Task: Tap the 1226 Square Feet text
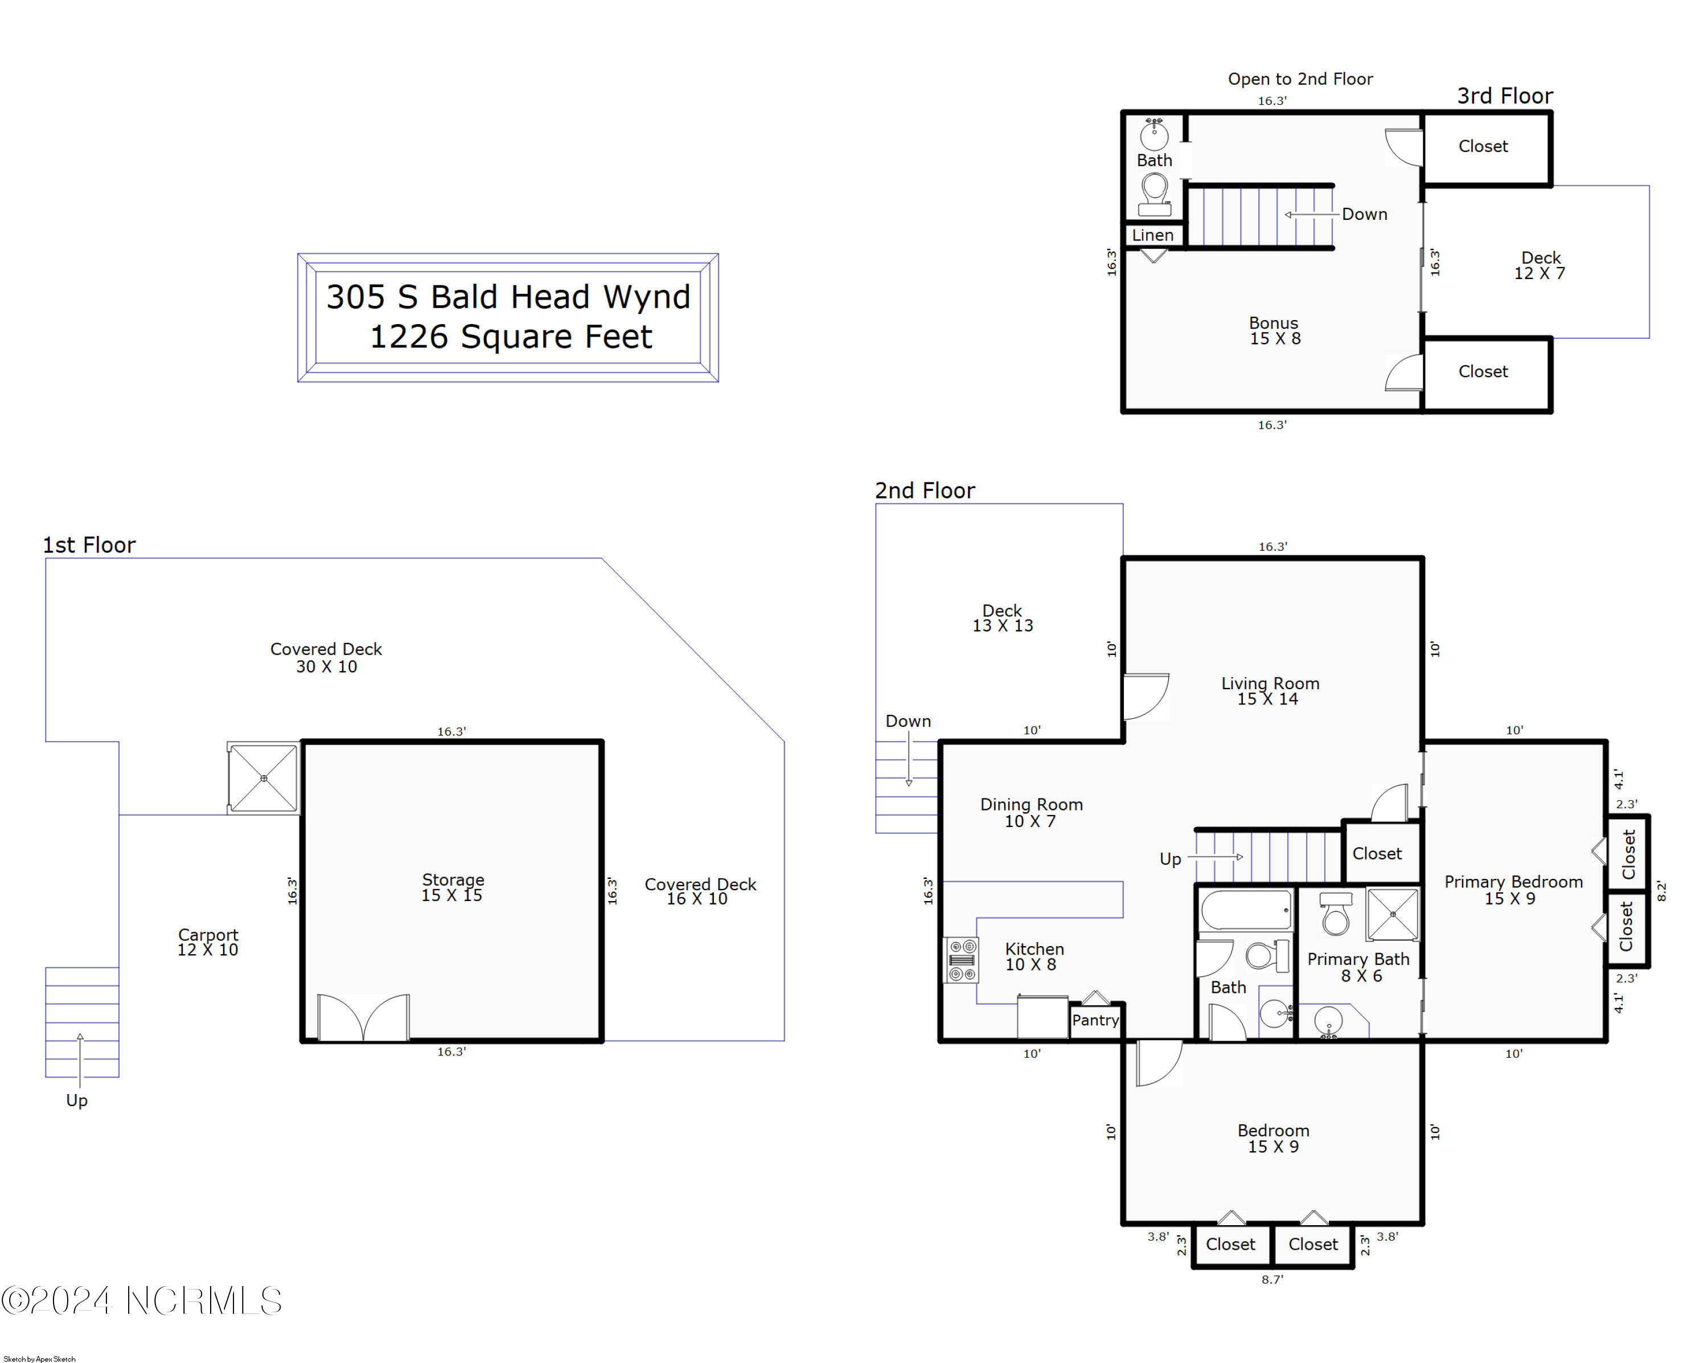tap(511, 337)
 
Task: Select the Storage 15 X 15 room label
tap(453, 887)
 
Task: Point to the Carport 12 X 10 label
tap(208, 942)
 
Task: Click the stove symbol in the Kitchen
tap(962, 960)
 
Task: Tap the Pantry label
tap(1095, 1021)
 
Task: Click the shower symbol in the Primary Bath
tap(1393, 915)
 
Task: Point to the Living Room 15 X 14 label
tap(1270, 691)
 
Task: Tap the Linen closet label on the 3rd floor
tap(1153, 235)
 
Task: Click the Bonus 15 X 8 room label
tap(1274, 330)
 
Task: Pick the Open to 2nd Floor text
tap(1300, 79)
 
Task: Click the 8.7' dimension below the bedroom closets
tap(1272, 1280)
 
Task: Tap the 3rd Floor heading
tap(1504, 96)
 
